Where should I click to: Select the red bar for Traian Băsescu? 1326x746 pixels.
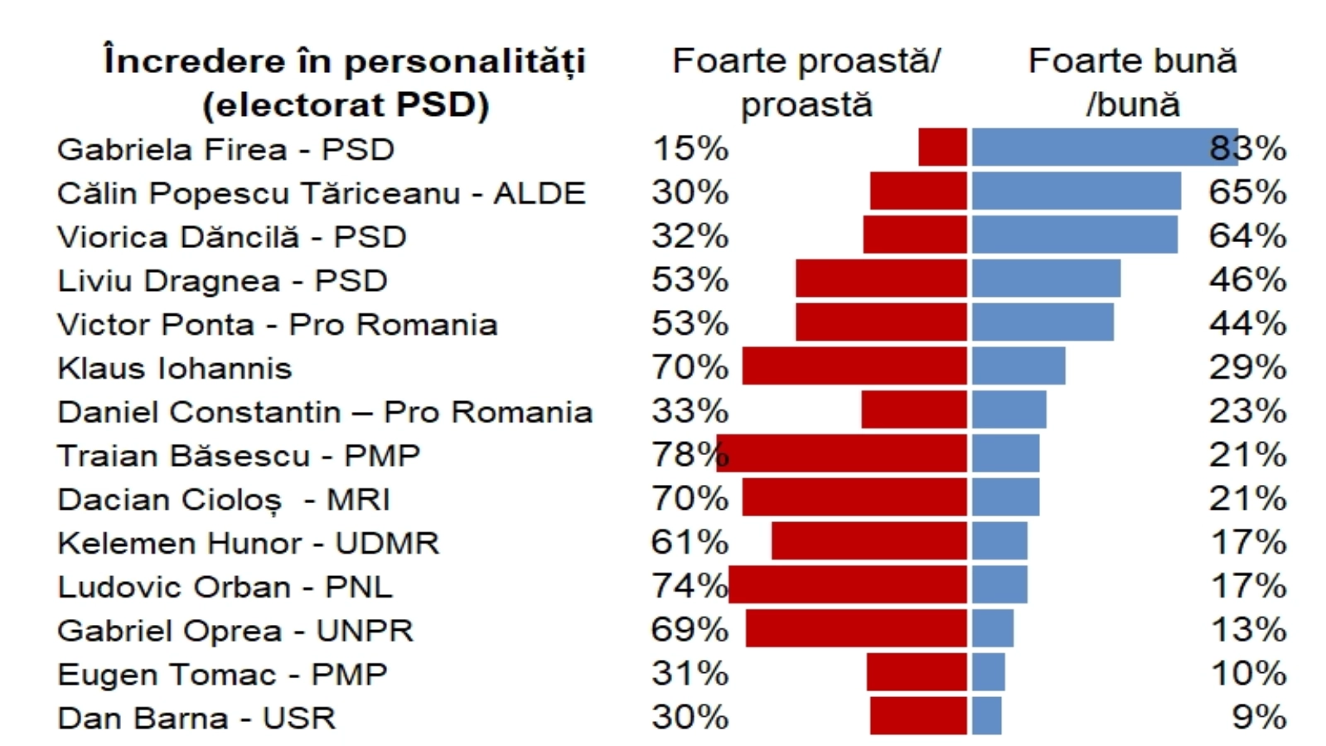[842, 453]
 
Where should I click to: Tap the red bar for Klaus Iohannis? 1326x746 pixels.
[854, 366]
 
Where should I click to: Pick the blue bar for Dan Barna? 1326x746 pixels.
[986, 716]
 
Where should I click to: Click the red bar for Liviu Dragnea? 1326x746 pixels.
[881, 279]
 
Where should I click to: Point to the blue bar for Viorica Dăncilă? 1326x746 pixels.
[1074, 235]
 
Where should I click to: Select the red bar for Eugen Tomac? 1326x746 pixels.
[917, 672]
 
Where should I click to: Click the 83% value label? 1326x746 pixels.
[1247, 148]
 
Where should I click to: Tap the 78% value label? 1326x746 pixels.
[690, 455]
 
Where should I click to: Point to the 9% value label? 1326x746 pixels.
[1259, 717]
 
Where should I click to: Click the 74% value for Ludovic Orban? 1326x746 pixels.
[690, 586]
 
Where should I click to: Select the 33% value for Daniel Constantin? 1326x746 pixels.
[690, 411]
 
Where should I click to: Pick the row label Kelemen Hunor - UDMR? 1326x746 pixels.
[248, 543]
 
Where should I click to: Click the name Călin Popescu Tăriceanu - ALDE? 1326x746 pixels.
[321, 193]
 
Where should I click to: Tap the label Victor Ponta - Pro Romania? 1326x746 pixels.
[277, 324]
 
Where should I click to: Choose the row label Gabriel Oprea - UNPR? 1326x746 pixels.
[235, 631]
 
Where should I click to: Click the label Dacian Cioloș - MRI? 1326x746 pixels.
[223, 499]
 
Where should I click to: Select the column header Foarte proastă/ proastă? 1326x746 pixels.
[806, 82]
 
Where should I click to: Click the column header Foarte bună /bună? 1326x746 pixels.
[1132, 82]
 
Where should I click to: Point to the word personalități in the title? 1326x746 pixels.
[464, 61]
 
